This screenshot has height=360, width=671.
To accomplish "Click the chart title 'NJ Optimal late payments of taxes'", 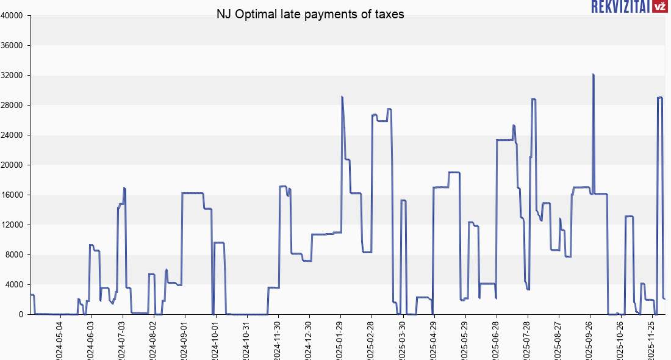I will (310, 14).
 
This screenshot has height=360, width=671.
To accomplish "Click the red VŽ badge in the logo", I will (659, 7).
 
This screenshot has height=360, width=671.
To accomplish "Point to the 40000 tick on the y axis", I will (13, 16).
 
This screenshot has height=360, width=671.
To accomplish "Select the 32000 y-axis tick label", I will (13, 76).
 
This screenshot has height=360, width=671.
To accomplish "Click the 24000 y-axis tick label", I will (13, 135).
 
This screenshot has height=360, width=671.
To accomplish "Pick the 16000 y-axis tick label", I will (13, 195).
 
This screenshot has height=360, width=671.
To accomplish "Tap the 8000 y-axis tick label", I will (15, 255).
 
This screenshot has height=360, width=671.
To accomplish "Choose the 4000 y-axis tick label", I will (15, 285).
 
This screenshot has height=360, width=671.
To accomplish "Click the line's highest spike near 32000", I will (593, 75).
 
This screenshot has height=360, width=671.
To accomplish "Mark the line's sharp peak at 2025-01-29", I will (342, 97).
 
